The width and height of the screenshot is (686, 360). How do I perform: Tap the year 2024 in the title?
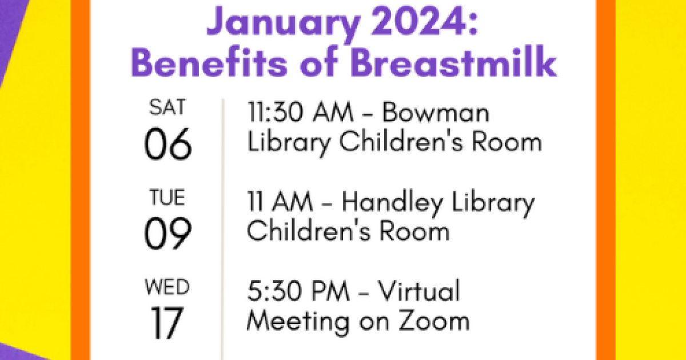[424, 21]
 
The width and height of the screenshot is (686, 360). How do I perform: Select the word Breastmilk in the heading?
[453, 61]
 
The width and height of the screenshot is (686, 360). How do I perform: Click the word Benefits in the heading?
[209, 61]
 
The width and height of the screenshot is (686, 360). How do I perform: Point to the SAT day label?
[167, 107]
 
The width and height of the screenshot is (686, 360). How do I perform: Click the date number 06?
[168, 144]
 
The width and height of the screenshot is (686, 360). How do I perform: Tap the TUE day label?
[167, 197]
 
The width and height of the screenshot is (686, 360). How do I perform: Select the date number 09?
[168, 233]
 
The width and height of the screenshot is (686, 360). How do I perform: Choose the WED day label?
[167, 287]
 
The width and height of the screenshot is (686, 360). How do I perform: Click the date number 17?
[167, 323]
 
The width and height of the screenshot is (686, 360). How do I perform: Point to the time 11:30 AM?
[300, 112]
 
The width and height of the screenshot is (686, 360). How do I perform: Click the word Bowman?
[436, 112]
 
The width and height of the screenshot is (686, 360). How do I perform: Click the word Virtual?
[418, 290]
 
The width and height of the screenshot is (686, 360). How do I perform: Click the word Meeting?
[298, 323]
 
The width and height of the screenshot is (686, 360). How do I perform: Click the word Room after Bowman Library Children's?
[507, 142]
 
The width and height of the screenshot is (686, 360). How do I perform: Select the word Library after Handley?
[493, 203]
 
